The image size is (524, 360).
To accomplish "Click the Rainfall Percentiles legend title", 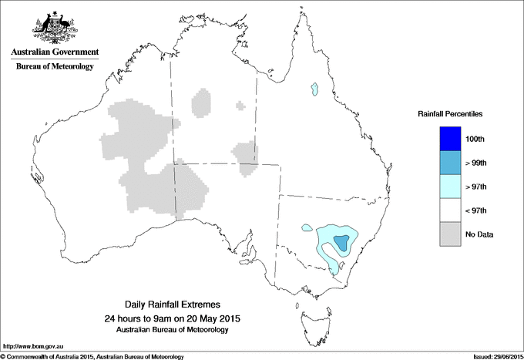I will (450, 114).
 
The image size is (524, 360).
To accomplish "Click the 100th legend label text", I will (475, 139).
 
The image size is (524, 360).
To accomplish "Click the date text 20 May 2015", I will (213, 318).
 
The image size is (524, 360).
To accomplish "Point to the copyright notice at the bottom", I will (92, 356).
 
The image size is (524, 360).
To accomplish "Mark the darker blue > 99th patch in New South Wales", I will (341, 244).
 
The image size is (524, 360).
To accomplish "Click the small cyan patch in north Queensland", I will (314, 90).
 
